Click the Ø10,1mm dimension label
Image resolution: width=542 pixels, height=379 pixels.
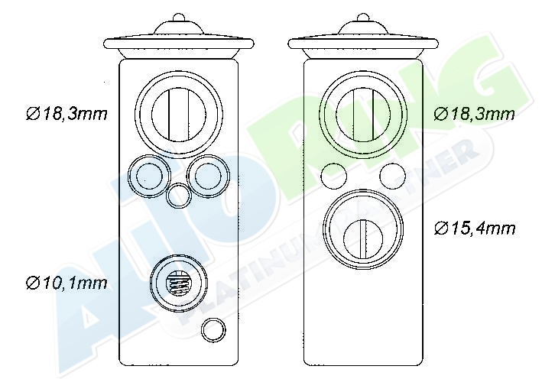coord(67,283)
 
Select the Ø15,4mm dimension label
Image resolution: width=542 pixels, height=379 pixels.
coord(474,228)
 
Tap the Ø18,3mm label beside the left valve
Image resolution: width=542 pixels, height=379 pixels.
coord(67,114)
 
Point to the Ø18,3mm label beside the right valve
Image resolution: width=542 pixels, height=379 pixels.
coord(474,114)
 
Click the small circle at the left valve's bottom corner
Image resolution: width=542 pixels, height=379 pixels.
coord(213,330)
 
